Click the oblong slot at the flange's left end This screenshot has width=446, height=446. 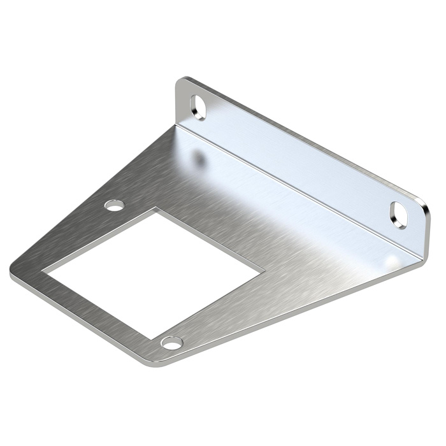point(199,107)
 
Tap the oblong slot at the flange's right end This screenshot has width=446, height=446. point(399,215)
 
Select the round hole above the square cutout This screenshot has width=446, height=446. point(115,205)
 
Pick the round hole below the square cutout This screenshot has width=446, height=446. point(171,343)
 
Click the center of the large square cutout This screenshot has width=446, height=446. point(154,274)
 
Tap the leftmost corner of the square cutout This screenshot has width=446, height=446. point(43,272)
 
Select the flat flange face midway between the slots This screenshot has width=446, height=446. point(299,159)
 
